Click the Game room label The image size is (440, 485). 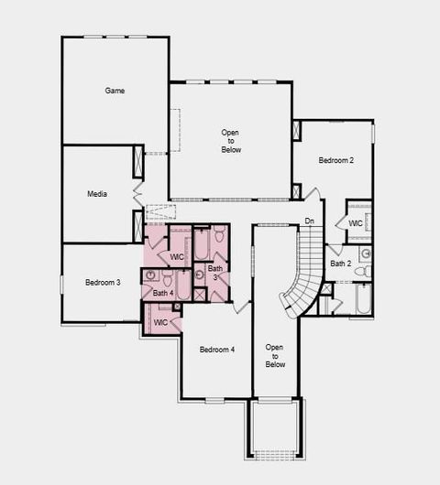click(x=115, y=91)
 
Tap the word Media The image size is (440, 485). click(x=97, y=194)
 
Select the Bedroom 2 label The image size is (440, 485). click(x=335, y=160)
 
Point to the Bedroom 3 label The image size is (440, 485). click(x=103, y=283)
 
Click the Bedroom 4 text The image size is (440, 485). click(x=217, y=350)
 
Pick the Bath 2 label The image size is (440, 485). click(x=340, y=264)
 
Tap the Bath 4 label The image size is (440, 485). click(x=163, y=293)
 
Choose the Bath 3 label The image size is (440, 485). click(x=214, y=273)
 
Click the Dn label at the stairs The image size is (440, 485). click(x=310, y=221)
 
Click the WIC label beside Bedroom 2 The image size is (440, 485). click(x=356, y=224)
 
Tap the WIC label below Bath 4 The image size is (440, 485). click(x=160, y=322)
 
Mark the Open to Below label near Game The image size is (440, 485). click(x=231, y=141)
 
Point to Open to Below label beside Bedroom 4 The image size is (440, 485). click(x=275, y=356)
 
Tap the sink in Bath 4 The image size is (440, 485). click(x=151, y=275)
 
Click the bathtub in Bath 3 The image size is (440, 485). click(x=201, y=244)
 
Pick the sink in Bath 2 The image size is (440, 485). click(x=365, y=252)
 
